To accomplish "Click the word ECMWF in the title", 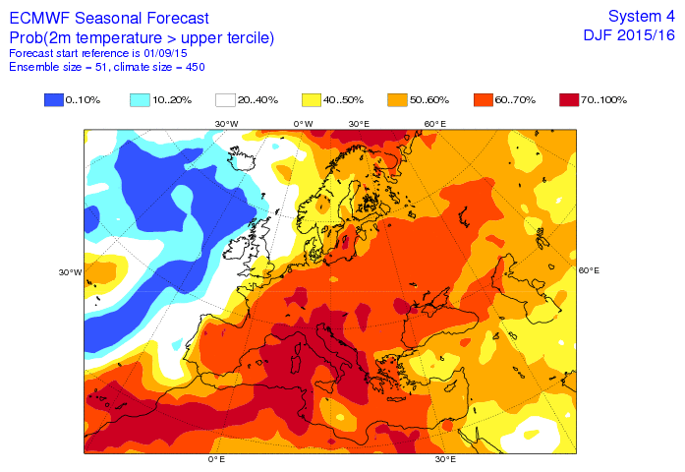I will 40,18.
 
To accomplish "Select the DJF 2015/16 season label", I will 629,35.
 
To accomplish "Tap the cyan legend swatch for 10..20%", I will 141,99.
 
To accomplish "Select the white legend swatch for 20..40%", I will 226,99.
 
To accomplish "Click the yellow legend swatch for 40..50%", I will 313,99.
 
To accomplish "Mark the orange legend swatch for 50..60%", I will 398,99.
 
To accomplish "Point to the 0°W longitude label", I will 304,123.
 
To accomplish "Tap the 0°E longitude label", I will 216,459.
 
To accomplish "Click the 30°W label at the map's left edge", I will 70,272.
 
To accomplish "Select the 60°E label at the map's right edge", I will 589,270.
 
